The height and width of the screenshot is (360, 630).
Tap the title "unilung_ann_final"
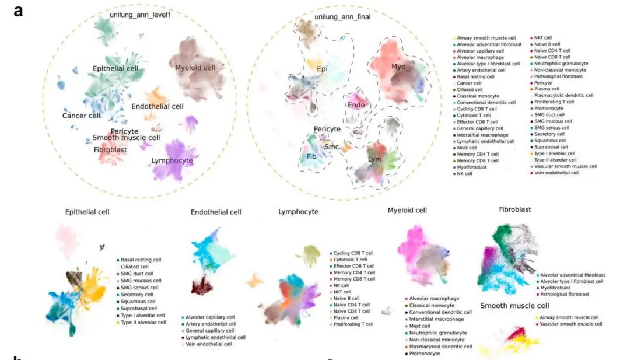[342, 17]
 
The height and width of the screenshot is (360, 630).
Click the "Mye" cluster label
[398, 67]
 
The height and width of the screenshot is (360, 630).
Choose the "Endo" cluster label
[356, 105]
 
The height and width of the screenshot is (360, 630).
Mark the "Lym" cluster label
[374, 158]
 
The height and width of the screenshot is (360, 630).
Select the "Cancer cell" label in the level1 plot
[82, 116]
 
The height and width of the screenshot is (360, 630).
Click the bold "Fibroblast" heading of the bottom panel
[515, 209]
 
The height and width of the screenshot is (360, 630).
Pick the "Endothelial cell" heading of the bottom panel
[216, 212]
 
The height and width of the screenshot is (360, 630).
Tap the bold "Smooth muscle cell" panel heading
[514, 306]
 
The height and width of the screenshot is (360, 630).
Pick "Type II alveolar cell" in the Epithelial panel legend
[143, 323]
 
